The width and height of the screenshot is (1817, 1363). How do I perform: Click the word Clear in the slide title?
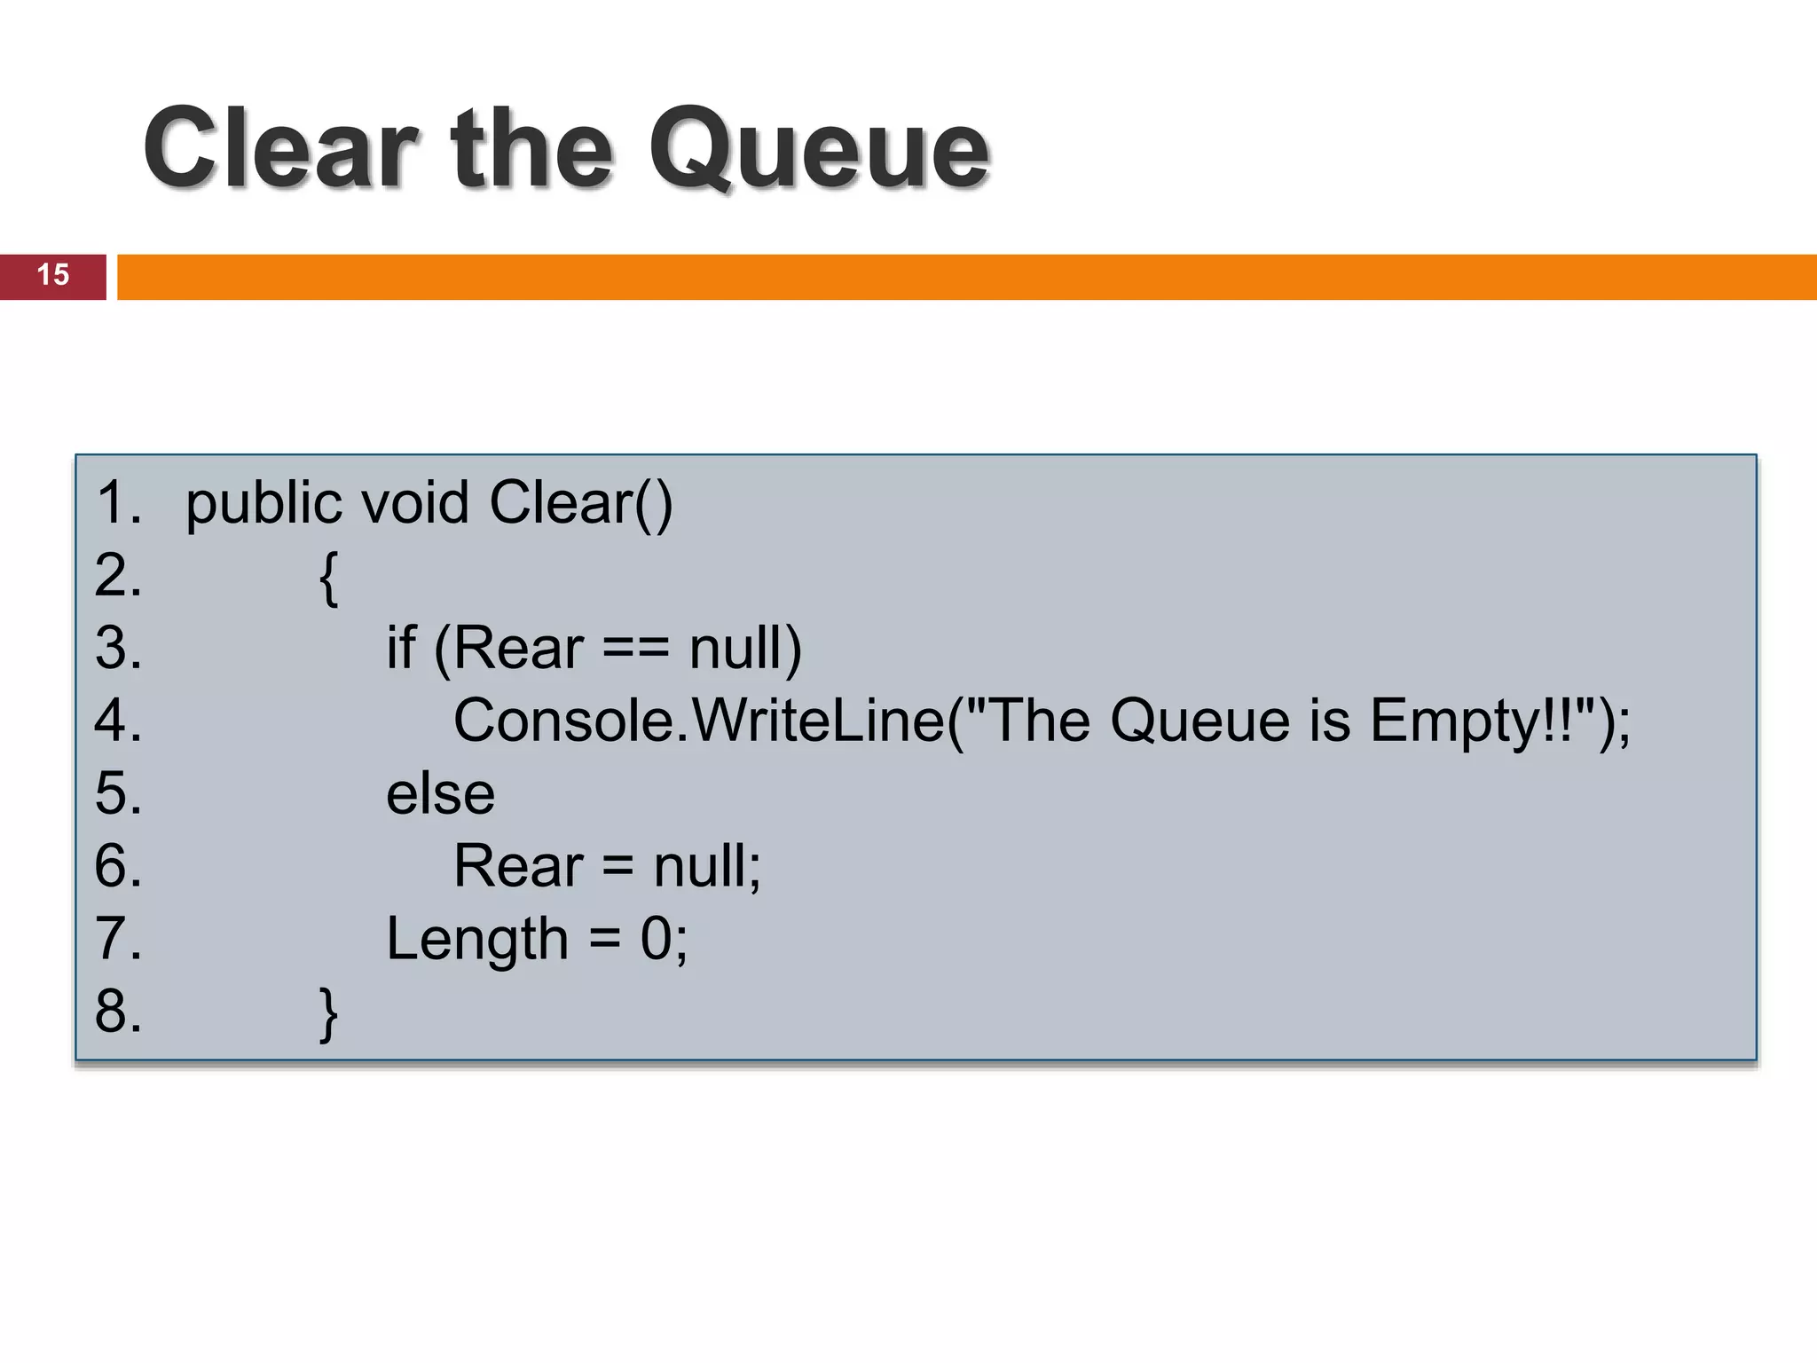[280, 148]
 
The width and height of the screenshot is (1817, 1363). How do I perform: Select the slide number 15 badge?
[53, 275]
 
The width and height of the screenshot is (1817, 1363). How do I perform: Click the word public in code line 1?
[264, 504]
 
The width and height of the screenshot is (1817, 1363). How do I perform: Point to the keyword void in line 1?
[414, 503]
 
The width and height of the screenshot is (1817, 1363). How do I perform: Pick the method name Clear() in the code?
[581, 503]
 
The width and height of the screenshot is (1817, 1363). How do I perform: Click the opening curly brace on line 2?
[328, 578]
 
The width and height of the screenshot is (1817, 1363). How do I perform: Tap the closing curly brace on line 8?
[328, 1013]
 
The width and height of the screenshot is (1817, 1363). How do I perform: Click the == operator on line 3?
[635, 649]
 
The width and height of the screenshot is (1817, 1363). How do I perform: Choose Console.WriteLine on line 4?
[698, 720]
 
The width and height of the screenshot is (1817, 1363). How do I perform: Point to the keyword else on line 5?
[440, 792]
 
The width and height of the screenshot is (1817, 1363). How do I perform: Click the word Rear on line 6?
[518, 865]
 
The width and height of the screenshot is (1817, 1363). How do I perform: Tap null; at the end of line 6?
[707, 865]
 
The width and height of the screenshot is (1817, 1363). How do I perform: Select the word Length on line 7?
[477, 940]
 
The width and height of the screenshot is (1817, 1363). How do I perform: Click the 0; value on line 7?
[664, 939]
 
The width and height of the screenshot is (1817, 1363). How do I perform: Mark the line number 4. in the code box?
[118, 720]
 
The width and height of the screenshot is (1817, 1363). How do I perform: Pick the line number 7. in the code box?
[118, 939]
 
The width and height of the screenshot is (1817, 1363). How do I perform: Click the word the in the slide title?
[531, 148]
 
